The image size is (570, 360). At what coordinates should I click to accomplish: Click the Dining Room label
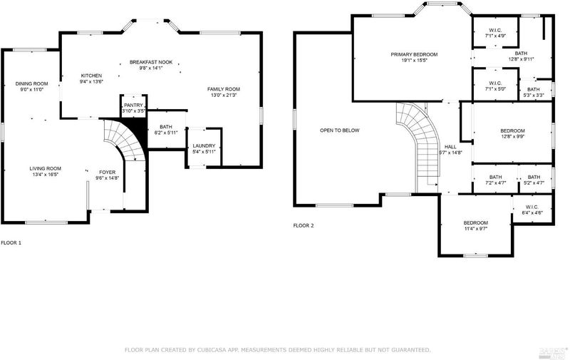click(31, 83)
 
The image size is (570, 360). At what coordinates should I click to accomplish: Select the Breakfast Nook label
click(151, 62)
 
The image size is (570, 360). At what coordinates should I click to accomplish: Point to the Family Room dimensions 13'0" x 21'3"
click(224, 96)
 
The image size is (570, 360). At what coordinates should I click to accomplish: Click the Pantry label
click(133, 105)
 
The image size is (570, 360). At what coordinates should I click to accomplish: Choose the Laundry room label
click(204, 146)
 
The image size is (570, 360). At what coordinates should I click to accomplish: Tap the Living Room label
click(46, 168)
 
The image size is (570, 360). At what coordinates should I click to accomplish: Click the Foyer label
click(108, 172)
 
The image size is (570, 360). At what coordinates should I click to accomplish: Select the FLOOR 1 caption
click(11, 242)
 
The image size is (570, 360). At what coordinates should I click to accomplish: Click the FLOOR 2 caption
click(304, 225)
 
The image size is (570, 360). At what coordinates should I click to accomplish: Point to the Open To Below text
click(340, 130)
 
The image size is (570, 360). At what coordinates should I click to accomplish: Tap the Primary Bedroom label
click(414, 55)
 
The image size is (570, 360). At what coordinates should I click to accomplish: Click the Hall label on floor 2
click(450, 147)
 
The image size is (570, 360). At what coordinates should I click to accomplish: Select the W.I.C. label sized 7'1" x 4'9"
click(495, 30)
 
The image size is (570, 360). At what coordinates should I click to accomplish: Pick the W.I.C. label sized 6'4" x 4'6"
click(532, 207)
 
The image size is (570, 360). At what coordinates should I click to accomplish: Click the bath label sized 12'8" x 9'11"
click(521, 53)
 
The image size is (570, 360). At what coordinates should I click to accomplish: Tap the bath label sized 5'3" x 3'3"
click(533, 89)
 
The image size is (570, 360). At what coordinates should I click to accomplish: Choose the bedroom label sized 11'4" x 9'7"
click(475, 223)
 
